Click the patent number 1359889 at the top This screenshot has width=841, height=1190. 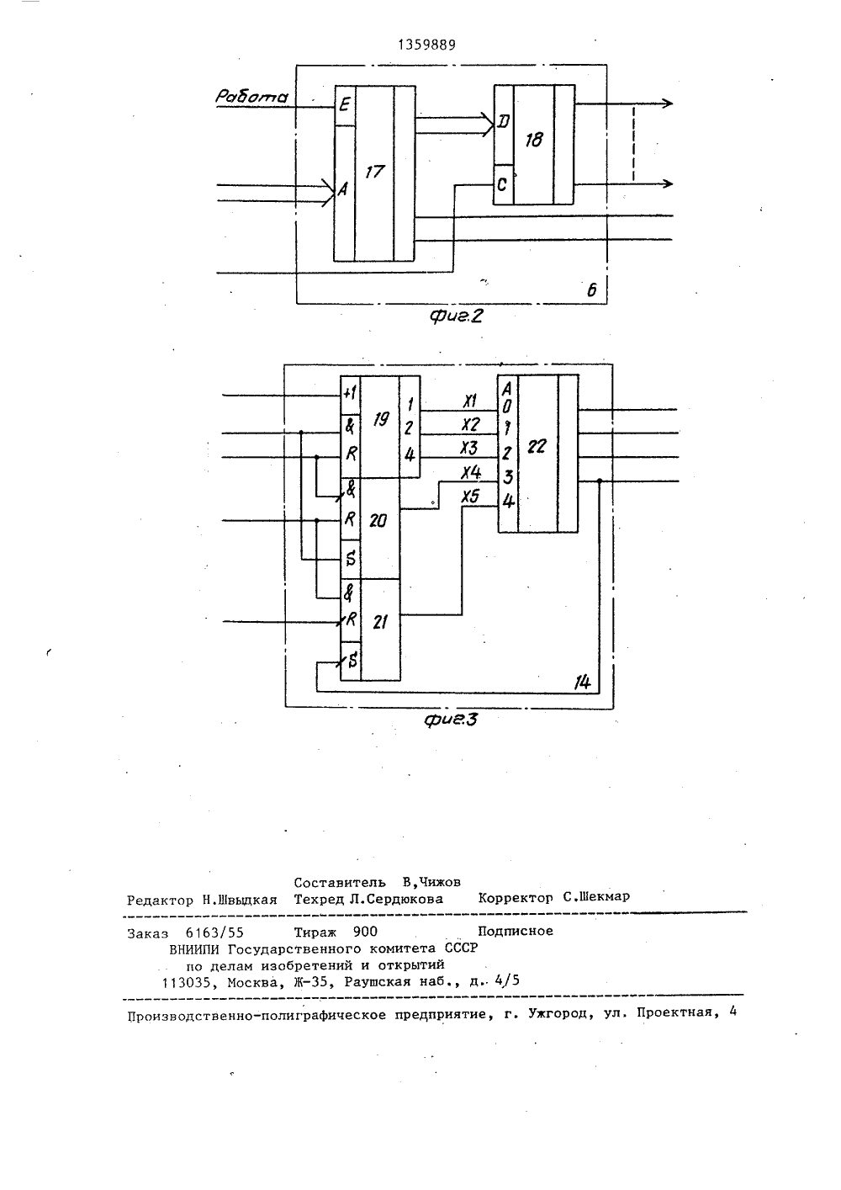coord(426,45)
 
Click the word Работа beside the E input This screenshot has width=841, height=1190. coord(251,96)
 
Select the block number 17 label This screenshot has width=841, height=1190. coord(374,173)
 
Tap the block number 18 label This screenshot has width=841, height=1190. coord(533,140)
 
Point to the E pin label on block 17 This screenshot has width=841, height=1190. coord(345,104)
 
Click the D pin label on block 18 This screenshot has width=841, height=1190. coord(504,122)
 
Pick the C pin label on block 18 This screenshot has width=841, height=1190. coord(502,184)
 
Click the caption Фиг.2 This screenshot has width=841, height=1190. coord(456,316)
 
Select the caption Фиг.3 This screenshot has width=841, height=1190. coord(452,720)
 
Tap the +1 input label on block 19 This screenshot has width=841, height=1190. coord(350,394)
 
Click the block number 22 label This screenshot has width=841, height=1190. coord(537,447)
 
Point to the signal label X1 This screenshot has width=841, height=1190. coord(470,401)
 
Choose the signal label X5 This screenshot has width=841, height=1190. coord(470,497)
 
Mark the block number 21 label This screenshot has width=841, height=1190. coord(379,622)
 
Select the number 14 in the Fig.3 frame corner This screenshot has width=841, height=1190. coord(583,683)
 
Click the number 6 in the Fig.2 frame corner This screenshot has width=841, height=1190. coord(592,290)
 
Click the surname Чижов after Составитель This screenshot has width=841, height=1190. coord(438,883)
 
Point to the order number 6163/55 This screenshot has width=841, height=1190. coord(214,932)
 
